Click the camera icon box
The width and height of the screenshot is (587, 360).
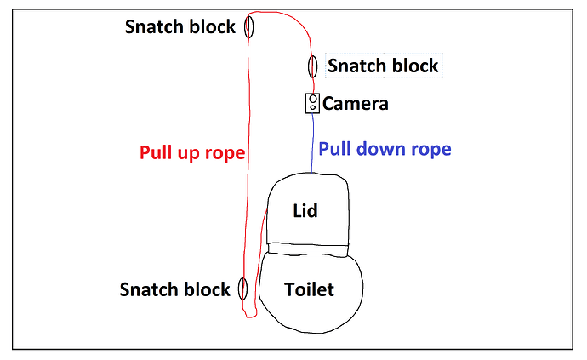[312, 104]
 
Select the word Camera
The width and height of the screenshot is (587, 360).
[356, 105]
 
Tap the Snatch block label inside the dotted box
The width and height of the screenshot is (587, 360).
[383, 66]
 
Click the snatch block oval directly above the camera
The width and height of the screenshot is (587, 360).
[312, 66]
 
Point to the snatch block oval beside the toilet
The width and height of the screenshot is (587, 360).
[242, 289]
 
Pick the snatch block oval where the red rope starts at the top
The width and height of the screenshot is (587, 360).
[249, 26]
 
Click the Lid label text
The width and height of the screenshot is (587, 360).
[305, 210]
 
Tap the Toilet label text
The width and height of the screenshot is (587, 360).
[308, 289]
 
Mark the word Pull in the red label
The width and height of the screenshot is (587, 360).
[157, 153]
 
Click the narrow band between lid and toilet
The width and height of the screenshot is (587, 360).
[307, 249]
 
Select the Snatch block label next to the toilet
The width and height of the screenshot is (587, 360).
[174, 289]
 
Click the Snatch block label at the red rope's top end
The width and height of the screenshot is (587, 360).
[180, 26]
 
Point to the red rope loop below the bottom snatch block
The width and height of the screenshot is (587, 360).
[249, 316]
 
